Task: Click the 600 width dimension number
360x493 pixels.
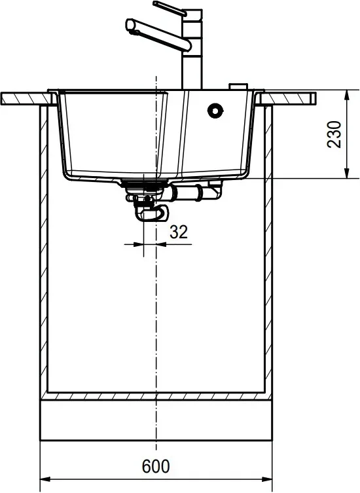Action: point(156,466)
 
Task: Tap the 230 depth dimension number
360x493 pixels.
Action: point(334,134)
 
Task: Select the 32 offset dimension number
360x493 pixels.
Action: point(179,232)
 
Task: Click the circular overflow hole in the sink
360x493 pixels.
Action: point(215,111)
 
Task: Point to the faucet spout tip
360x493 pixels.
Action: point(130,25)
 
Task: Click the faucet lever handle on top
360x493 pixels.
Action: point(170,9)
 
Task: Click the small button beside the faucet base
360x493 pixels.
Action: point(238,86)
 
